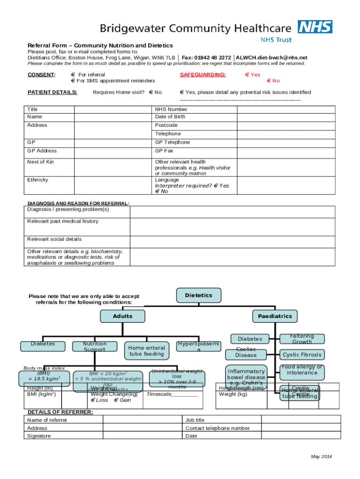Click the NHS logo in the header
[315, 27]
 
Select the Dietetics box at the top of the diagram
[198, 296]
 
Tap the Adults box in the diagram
[122, 316]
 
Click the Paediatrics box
[274, 316]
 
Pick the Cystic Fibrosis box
[302, 355]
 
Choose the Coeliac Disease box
[246, 352]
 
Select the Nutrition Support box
[94, 347]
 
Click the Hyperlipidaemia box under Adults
[199, 347]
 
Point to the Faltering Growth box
[302, 339]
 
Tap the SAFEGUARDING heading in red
[202, 75]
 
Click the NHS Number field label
[171, 109]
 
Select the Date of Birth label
[170, 117]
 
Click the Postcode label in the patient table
[166, 125]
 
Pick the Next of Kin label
[40, 162]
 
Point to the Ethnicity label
[37, 180]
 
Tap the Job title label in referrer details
[195, 420]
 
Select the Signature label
[39, 436]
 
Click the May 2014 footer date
[322, 457]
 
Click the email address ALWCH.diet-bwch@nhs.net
[272, 58]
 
